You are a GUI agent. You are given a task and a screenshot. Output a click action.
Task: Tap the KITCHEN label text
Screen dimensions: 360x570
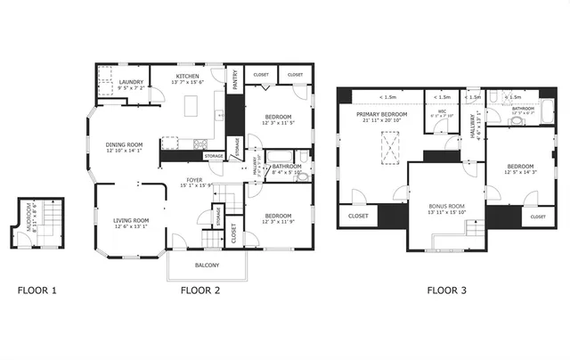[x=188, y=77]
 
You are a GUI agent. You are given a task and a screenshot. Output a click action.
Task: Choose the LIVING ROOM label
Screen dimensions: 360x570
[x=130, y=220]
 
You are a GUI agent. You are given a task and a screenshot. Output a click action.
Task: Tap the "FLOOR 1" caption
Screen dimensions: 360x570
[x=37, y=290]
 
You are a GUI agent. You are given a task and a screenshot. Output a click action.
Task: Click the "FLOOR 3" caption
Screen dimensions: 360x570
[x=446, y=290]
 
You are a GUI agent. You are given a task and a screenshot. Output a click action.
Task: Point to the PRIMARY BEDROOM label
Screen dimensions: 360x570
[x=382, y=115]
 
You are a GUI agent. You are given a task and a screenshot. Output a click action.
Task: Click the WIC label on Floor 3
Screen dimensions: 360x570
[x=442, y=111]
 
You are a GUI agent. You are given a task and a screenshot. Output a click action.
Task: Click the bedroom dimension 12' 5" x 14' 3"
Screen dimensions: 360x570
[x=520, y=172]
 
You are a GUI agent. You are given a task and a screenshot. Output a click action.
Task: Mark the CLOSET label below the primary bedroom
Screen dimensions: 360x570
[x=358, y=216]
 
